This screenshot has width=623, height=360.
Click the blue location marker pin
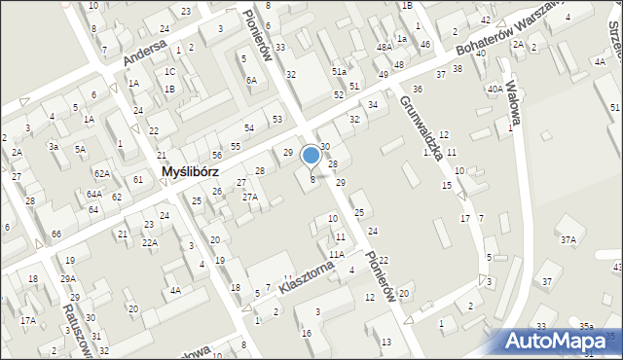311,155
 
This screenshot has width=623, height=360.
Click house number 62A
102,172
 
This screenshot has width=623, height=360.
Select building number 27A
250,197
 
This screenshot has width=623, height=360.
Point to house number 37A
568,239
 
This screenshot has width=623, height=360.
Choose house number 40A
495,90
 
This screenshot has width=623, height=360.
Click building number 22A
149,242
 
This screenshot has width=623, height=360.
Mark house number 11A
336,254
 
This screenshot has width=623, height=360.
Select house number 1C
169,71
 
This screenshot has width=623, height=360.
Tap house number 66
56,234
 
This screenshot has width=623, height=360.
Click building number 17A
28,320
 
